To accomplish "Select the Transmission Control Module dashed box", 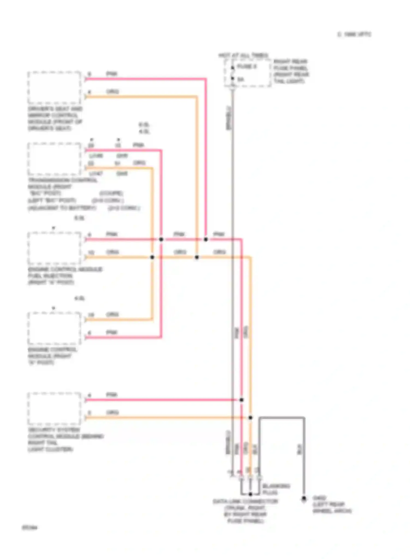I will point(54,159).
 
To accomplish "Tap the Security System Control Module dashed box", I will point(54,409).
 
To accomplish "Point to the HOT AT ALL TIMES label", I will point(243,55).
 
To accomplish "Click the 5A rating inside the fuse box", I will point(241,79).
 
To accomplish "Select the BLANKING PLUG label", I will point(276,489).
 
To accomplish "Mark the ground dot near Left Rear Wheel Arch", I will point(304,499).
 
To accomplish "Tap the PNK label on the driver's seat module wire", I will point(112,74).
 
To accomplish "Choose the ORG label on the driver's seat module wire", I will point(112,91).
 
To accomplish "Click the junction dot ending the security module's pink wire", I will point(242,400).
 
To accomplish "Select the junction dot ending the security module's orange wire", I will point(250,418).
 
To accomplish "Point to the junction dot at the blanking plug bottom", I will point(250,494).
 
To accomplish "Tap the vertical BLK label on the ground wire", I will point(299,449).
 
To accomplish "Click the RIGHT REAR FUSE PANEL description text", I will point(291,71).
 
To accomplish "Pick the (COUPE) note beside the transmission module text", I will point(111,193).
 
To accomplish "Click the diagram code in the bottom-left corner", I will point(30,528).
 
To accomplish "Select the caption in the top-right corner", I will point(354,34).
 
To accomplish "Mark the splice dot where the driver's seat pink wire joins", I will point(206,239).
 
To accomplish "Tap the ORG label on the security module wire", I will point(112,412).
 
